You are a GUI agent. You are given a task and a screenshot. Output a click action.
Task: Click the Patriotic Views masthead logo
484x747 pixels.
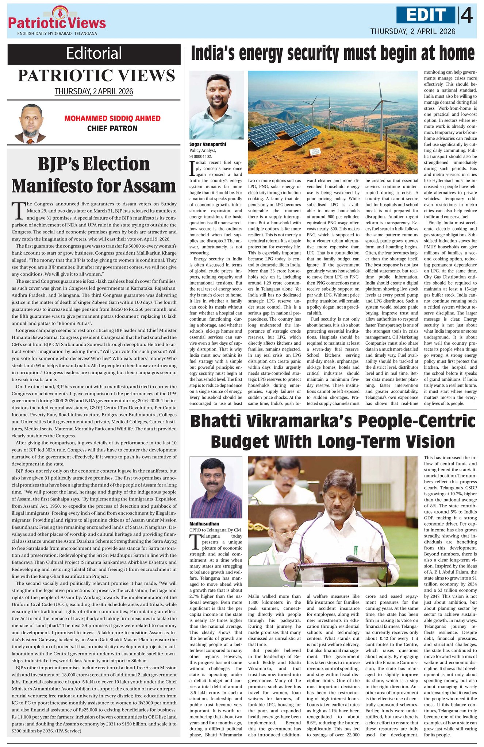pyautogui.click(x=57, y=20)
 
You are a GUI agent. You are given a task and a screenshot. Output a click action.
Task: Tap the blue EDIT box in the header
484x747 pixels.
pyautogui.click(x=426, y=15)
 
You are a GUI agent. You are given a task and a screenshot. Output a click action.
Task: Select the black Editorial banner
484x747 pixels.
pyautogui.click(x=94, y=54)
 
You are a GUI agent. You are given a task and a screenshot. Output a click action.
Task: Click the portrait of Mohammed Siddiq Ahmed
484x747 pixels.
pyautogui.click(x=31, y=123)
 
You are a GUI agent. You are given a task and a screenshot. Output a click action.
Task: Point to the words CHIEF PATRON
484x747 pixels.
pyautogui.click(x=112, y=128)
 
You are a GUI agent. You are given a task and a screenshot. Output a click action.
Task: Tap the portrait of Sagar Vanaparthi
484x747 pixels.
pyautogui.click(x=216, y=105)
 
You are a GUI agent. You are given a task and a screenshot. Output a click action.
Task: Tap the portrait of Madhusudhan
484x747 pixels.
pyautogui.click(x=215, y=487)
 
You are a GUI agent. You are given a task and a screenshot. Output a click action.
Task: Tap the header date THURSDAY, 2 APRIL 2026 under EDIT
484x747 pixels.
pyautogui.click(x=412, y=31)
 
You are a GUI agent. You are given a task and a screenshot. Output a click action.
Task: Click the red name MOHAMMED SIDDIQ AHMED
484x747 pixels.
pyautogui.click(x=112, y=119)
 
